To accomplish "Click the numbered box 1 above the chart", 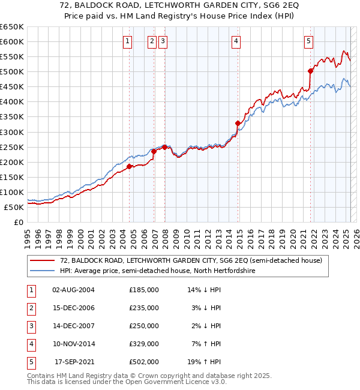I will point(128,41).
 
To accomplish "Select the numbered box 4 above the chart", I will point(236,41).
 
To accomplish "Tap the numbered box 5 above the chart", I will point(308,41).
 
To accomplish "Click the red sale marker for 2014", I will point(238,123).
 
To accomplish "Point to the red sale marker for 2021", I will point(311,71).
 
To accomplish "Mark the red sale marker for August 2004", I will point(129,166).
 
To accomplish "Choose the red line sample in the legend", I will point(43,260).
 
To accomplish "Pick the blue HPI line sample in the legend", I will point(43,271).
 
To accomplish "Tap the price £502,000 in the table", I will point(144,361).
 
